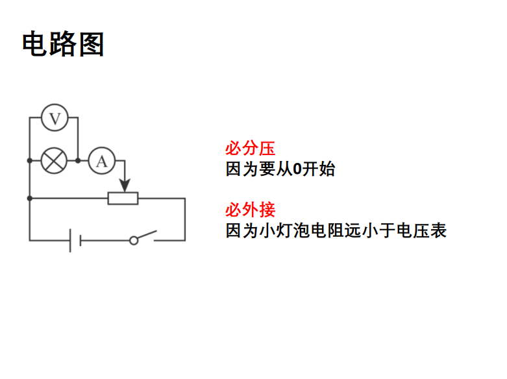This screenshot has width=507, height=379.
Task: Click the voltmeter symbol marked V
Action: [55, 118]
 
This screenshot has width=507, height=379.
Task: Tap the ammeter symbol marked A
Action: [101, 160]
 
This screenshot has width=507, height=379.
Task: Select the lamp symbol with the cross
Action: [54, 160]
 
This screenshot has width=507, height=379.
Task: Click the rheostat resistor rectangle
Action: [123, 198]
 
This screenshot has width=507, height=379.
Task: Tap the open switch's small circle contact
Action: [134, 240]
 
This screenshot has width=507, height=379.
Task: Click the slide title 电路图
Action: [63, 45]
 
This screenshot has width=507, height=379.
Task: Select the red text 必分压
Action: [250, 148]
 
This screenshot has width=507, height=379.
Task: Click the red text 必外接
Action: [250, 210]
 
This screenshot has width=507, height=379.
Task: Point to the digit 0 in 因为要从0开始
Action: [297, 170]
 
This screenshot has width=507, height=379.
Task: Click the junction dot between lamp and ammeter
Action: [78, 160]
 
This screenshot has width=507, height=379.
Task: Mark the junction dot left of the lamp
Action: [29, 160]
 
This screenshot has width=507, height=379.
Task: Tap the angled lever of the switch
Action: [147, 235]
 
